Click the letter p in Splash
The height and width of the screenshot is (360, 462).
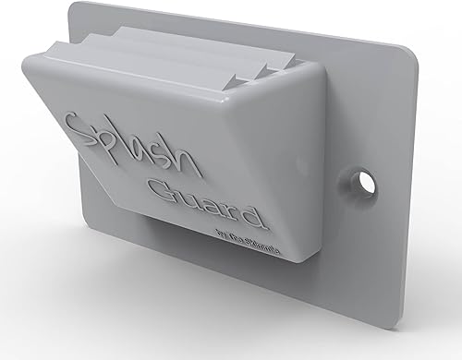(x=108, y=148)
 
